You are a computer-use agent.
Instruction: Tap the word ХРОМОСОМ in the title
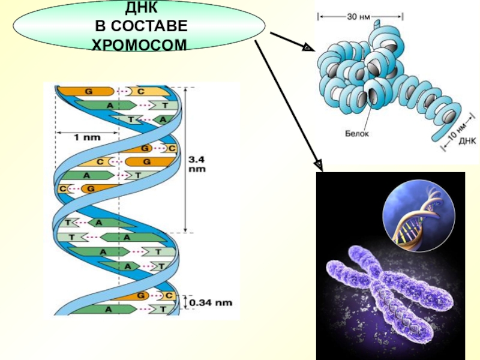pyautogui.click(x=139, y=44)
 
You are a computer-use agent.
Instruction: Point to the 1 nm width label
pyautogui.click(x=88, y=137)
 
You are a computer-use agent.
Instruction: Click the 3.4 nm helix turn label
pyautogui.click(x=199, y=164)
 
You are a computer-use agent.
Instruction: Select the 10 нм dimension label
pyautogui.click(x=454, y=129)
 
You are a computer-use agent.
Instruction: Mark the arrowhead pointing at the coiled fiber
pyautogui.click(x=308, y=48)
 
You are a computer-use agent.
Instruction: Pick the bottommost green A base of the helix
pyautogui.click(x=108, y=309)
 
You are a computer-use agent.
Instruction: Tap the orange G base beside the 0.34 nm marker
pyautogui.click(x=142, y=296)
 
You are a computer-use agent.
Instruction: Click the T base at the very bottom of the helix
pyautogui.click(x=163, y=309)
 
